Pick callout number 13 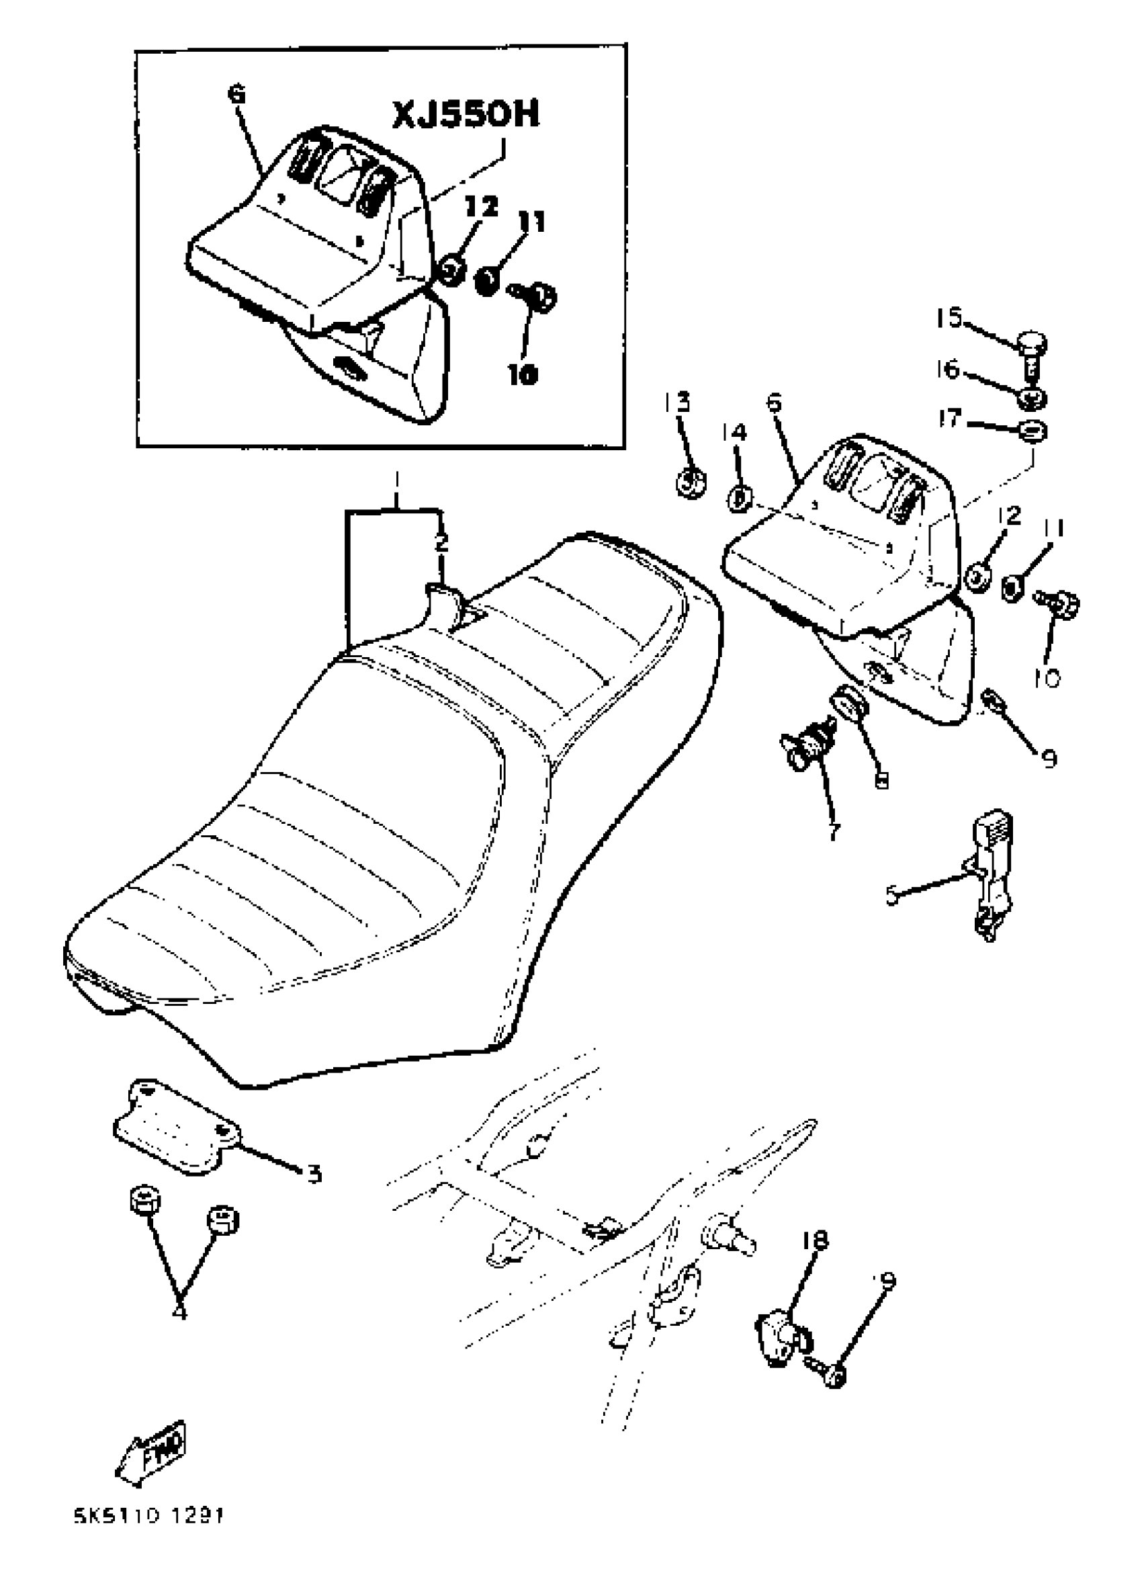pyautogui.click(x=679, y=402)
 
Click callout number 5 pyautogui.click(x=892, y=896)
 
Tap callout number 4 pyautogui.click(x=179, y=1310)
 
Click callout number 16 pyautogui.click(x=949, y=371)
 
